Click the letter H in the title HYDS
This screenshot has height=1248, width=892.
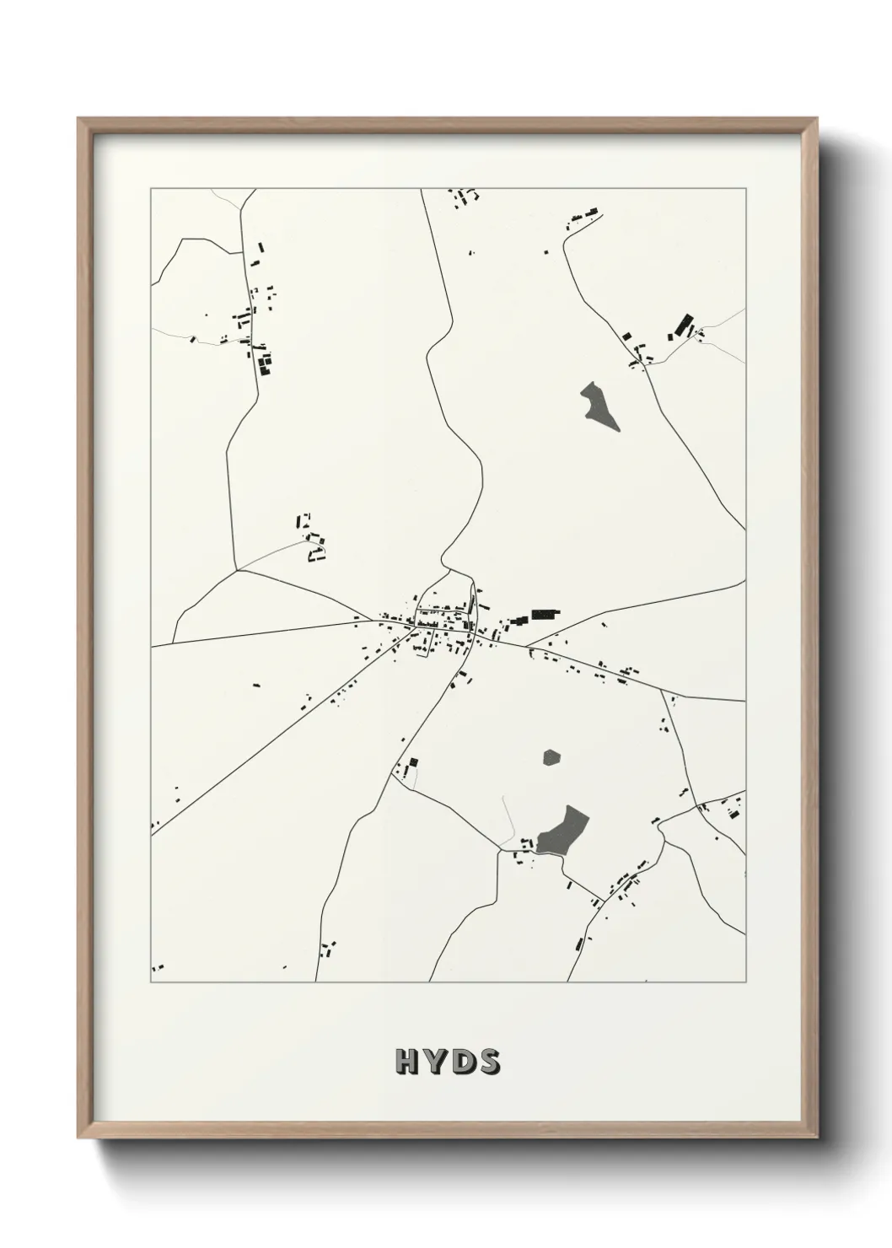pos(406,1062)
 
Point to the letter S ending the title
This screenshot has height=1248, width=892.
pos(488,1062)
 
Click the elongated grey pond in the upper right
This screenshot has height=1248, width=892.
pos(599,406)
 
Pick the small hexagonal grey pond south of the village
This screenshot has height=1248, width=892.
pos(551,757)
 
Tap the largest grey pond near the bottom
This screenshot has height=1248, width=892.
pos(562,830)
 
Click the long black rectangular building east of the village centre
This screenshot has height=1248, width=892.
pos(545,614)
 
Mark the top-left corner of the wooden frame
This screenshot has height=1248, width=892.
pos(79,119)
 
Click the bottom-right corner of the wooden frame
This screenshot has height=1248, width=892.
pos(816,1137)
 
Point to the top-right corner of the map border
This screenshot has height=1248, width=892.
pos(745,189)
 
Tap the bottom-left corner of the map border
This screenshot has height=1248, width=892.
pos(151,982)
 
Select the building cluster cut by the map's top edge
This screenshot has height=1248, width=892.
pos(465,196)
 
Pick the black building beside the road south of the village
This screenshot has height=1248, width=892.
pos(413,762)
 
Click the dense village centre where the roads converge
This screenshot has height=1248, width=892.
pos(438,624)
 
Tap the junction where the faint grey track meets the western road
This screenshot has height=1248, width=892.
pos(237,570)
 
